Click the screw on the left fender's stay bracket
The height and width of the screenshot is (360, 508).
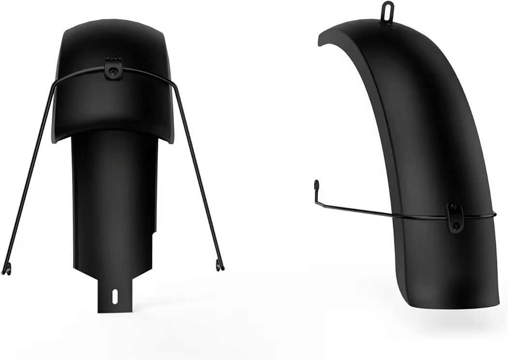tap(113, 71)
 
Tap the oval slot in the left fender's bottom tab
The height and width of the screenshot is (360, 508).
tap(115, 296)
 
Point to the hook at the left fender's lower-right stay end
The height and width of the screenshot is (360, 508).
tap(220, 265)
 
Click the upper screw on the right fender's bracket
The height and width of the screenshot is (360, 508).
tap(455, 209)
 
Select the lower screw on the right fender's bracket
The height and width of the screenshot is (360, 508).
tap(455, 225)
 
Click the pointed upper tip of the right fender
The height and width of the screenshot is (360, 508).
tap(320, 42)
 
